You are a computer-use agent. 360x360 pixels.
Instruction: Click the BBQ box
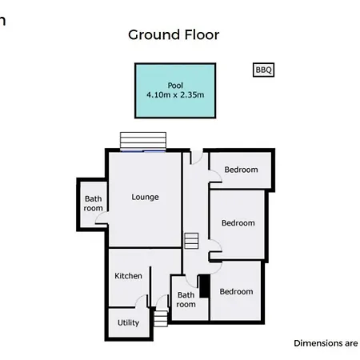pos(263,70)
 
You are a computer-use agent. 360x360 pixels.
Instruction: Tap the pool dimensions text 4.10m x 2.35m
pos(175,94)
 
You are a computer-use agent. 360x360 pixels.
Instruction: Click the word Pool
pos(175,86)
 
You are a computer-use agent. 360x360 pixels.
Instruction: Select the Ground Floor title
pos(174,34)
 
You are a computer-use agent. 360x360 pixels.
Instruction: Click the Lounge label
pos(145,198)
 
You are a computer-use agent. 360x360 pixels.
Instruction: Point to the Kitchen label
pos(128,276)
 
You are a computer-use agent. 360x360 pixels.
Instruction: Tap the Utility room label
pos(128,323)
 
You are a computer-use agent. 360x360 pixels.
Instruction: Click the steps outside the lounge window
pos(143,141)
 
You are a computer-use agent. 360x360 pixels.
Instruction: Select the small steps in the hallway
pos(191,241)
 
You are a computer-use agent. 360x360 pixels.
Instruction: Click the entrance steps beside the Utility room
pos(161,318)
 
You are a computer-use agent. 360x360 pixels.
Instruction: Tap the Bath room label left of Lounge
pos(93,203)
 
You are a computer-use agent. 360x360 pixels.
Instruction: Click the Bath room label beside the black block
pos(186,300)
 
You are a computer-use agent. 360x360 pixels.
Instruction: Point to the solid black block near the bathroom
pos(205,286)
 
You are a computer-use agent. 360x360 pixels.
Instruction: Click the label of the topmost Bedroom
pos(241,170)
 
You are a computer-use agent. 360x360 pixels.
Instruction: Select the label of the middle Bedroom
pos(238,223)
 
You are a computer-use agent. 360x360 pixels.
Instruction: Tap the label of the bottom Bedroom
pos(236,291)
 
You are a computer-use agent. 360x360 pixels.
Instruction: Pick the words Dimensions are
pos(326,343)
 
